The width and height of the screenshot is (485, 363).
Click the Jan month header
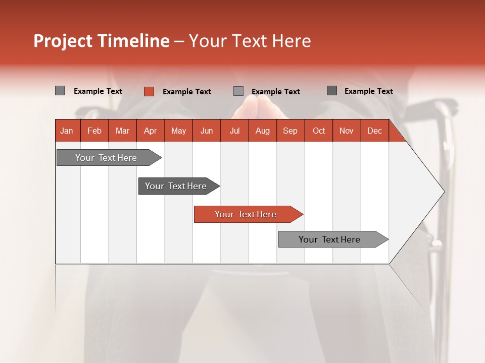coord(67,131)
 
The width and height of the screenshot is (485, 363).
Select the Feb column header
coord(94,131)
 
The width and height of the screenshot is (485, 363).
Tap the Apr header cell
coord(150,131)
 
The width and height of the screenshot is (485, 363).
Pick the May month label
coord(178,131)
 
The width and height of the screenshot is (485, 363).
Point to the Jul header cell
coord(234,131)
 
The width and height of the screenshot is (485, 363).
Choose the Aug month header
coord(262,131)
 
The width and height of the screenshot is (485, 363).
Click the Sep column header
coord(290,131)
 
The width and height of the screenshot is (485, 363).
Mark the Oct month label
coord(319,131)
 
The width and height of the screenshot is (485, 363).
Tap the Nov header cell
coord(347,131)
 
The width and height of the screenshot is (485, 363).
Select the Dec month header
coord(374,131)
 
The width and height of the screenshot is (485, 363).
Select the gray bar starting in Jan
coord(106,158)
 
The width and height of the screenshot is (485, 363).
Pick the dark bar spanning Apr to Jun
coord(176,186)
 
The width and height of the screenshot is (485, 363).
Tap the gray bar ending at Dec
coord(329,239)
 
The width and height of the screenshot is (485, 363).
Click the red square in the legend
coord(149,91)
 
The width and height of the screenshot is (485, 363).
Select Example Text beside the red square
coord(187,92)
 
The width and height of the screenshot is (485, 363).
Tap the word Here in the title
coord(292,41)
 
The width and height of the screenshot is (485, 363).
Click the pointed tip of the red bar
coord(301,214)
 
